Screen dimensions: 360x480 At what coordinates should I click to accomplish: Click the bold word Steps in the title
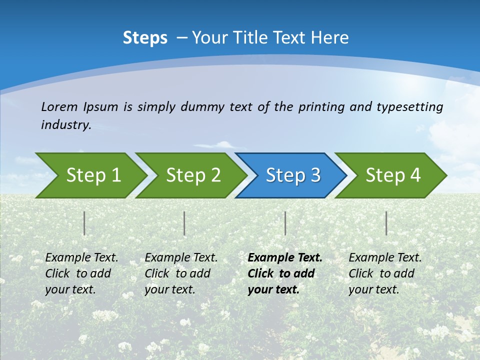coord(145,38)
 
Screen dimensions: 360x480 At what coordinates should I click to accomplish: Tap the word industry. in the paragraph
coord(66,125)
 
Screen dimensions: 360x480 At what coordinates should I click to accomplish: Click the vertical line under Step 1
coord(84,223)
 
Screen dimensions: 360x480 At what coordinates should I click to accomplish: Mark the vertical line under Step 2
coord(184,223)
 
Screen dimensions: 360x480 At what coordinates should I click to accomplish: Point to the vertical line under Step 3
coord(285,223)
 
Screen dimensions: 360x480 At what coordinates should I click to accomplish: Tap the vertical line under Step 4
coord(386,223)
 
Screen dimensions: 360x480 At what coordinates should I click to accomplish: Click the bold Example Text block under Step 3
coord(284,273)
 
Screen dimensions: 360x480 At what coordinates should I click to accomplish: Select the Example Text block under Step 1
coord(81,273)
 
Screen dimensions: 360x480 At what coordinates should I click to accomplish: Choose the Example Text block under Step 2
coord(181,273)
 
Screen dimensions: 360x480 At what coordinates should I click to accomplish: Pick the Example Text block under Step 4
coord(385,273)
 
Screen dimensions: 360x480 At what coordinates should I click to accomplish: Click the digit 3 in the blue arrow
coord(315,175)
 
